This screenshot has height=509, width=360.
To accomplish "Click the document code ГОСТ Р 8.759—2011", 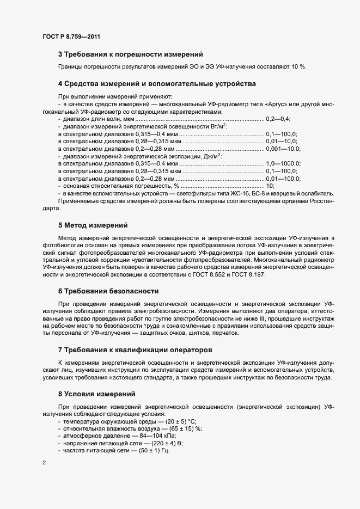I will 70,37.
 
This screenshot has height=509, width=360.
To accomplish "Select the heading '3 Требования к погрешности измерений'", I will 130,54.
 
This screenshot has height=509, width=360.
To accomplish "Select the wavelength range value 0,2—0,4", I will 278,118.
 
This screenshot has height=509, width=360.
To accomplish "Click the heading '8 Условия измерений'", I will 96,394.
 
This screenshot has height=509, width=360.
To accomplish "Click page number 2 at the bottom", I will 44,463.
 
